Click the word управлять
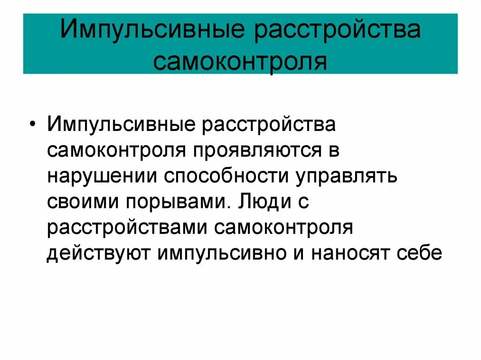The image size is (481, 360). click(347, 178)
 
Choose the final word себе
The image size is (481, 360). click(422, 253)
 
